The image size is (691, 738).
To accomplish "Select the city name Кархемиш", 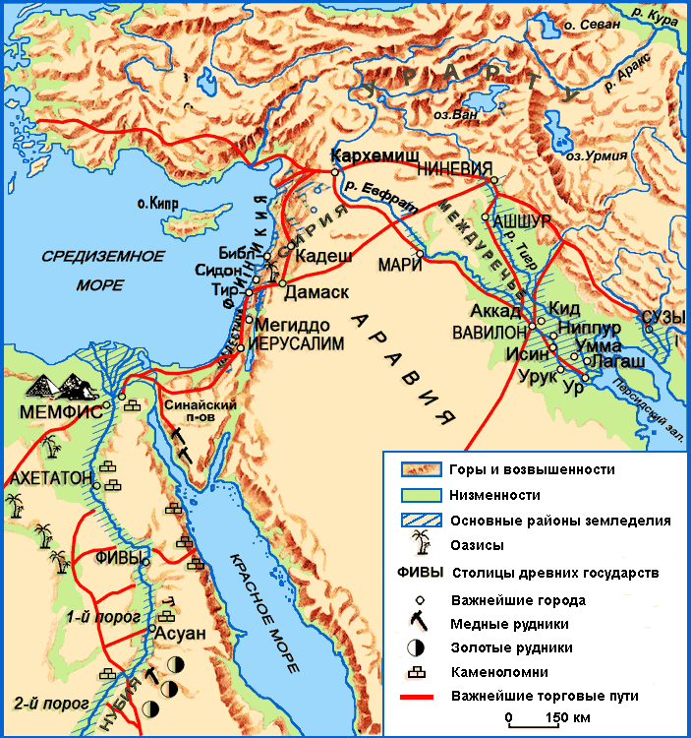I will click(370, 156).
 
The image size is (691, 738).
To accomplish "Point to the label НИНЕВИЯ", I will click(453, 168).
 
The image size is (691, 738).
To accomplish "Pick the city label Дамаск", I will click(316, 293).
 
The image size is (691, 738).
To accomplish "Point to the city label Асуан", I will click(180, 634).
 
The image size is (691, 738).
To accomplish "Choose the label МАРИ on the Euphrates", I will click(396, 265).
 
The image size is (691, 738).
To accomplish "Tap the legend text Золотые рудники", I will click(511, 647).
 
